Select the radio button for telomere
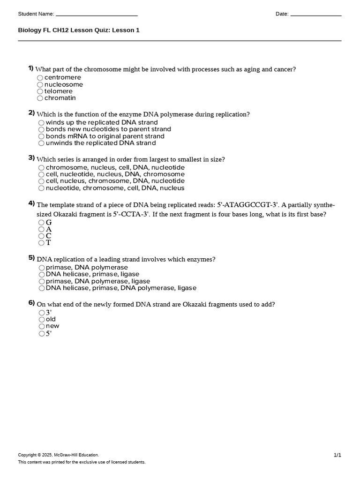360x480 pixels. pyautogui.click(x=40, y=91)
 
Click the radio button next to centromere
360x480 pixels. pyautogui.click(x=40, y=78)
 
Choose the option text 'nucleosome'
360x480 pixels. pyautogui.click(x=63, y=84)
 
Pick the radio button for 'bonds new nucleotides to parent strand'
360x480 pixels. pyautogui.click(x=41, y=129)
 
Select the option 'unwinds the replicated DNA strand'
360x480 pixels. pyautogui.click(x=101, y=143)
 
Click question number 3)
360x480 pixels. pyautogui.click(x=31, y=157)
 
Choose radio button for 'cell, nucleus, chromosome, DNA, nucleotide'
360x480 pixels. pyautogui.click(x=41, y=181)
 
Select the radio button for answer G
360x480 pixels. pyautogui.click(x=41, y=223)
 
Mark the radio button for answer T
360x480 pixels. pyautogui.click(x=41, y=243)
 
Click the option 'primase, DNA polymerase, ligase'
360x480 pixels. pyautogui.click(x=98, y=281)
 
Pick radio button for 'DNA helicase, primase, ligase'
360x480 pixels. pyautogui.click(x=42, y=274)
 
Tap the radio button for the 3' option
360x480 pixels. pyautogui.click(x=42, y=313)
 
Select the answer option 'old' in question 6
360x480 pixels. pyautogui.click(x=51, y=319)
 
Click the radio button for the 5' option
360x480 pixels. pyautogui.click(x=42, y=334)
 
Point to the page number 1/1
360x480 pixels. pyautogui.click(x=337, y=455)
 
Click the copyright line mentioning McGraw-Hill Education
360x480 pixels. pyautogui.click(x=59, y=455)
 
